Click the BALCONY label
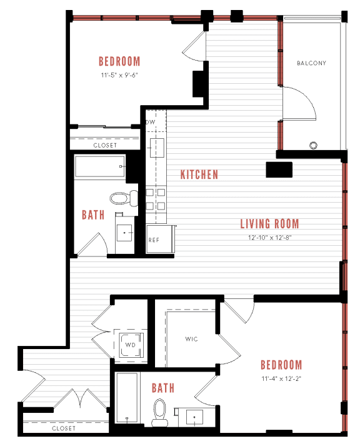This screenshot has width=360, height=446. click(311, 63)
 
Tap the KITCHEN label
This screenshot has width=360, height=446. click(199, 175)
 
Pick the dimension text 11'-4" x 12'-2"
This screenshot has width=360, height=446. click(281, 378)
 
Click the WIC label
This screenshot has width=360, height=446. click(191, 340)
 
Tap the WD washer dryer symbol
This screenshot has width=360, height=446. click(131, 345)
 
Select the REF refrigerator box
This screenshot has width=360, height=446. click(154, 240)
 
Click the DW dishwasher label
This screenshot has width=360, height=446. click(151, 122)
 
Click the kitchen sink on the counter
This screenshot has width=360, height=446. click(156, 148)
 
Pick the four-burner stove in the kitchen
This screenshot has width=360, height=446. click(156, 198)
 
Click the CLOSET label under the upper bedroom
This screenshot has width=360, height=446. click(105, 145)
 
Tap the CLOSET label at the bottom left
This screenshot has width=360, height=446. click(64, 428)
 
